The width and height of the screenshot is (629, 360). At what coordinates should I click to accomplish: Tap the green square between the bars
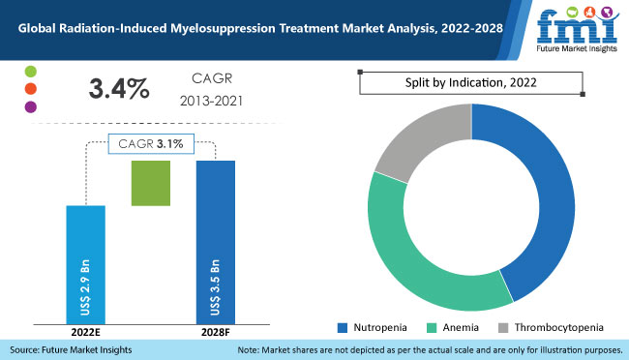(x=150, y=182)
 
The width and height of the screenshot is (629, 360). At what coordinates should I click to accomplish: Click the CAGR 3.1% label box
(x=151, y=144)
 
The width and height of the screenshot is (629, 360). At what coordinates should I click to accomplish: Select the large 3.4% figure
(x=119, y=90)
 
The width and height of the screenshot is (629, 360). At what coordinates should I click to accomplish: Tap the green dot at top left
(x=31, y=74)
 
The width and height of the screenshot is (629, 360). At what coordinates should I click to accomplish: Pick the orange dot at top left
(x=31, y=90)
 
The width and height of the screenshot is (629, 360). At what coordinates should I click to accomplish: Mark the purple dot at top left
(x=31, y=106)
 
